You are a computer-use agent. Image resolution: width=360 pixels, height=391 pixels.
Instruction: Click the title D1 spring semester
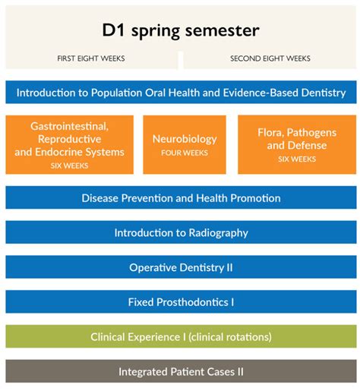181,30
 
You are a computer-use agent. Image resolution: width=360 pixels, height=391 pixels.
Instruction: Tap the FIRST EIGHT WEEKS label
91,58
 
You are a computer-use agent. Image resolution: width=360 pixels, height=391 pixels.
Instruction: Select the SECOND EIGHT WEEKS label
270,58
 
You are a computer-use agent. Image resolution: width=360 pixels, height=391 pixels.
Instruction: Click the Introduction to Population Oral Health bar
181,92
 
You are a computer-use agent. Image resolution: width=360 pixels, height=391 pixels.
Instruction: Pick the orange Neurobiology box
185,144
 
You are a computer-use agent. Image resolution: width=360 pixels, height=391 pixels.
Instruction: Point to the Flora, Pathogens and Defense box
297,144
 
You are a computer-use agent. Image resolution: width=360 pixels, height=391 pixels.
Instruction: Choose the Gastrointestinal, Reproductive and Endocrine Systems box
69,144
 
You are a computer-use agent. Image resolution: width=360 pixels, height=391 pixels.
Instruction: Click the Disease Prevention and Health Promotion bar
181,197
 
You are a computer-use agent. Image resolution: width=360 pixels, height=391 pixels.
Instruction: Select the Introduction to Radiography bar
181,232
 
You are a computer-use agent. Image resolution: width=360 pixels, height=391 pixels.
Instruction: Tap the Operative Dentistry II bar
181,266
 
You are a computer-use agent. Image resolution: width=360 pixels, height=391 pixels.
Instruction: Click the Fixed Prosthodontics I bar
181,301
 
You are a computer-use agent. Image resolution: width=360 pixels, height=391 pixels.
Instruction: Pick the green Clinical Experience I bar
181,336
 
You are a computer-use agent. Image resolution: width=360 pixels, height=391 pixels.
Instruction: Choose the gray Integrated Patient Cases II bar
181,371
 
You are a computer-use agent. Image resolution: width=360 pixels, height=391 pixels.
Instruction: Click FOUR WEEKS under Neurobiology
185,153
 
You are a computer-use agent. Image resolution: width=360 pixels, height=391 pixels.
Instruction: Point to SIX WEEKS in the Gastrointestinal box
69,166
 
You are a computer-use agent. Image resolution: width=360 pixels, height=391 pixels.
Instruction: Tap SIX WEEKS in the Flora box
297,159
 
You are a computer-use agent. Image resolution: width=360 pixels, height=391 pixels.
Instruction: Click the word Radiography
219,233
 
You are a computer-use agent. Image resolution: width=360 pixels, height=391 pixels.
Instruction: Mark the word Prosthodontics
192,302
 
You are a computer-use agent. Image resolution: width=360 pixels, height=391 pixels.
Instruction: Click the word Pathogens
311,133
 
